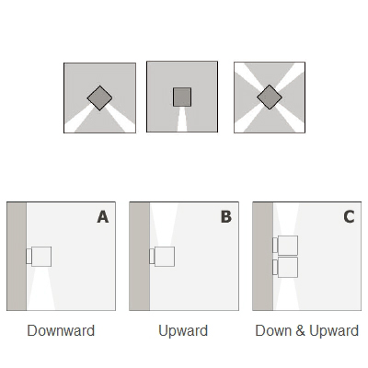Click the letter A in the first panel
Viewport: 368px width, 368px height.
coord(103,217)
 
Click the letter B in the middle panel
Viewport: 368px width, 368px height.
coord(226,217)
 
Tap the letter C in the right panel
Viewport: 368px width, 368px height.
coord(349,217)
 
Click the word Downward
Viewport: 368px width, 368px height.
coord(61,330)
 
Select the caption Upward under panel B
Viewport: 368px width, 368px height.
coord(183,330)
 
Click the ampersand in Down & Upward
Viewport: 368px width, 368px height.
coord(300,330)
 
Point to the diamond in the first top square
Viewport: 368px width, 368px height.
coord(99,98)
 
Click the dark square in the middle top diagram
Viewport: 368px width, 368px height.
coord(182,98)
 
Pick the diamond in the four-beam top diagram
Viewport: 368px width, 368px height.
coord(270,98)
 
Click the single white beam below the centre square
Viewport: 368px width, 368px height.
coord(182,120)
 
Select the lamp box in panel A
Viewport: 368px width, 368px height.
coord(41,257)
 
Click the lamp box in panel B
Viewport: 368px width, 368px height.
coord(165,257)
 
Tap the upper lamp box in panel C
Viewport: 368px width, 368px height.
coord(288,246)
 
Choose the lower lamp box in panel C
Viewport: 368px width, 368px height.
coord(288,268)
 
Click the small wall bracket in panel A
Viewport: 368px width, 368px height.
coord(29,257)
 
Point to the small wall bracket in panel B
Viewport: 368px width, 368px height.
coord(152,257)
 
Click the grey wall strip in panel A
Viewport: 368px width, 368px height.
coord(17,256)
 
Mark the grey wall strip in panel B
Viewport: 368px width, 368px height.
coord(140,256)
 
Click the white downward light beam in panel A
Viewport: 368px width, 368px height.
coord(41,288)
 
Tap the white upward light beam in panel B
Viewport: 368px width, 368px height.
coord(165,224)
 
